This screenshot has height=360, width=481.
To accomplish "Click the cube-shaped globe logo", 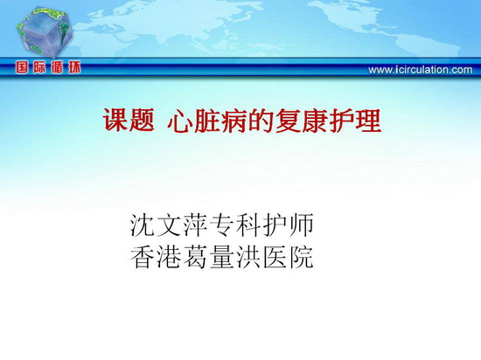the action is point(45,33).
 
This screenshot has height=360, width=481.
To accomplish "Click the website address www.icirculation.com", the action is point(421,70).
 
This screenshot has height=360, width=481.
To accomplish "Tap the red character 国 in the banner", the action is point(22,67).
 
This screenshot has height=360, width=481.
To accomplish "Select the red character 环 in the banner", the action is point(74,67).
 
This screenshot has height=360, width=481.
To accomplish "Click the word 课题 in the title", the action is point(129,121).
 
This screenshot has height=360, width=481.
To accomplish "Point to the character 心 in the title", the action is point(180,121).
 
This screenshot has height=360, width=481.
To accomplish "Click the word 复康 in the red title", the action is point(302,121).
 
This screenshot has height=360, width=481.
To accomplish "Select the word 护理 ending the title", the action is point(355,121).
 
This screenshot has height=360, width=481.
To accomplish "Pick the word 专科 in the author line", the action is point(236,225).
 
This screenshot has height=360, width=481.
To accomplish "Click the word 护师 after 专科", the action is point(289,225).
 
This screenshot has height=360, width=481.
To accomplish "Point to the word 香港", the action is point(157,258).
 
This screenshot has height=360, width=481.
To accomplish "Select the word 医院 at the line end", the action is point(289,258).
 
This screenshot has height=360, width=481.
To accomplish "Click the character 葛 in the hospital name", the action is point(196,258).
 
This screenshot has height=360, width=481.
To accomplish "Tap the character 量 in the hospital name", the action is point(223,258).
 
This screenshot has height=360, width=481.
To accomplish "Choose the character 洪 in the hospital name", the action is point(249,258).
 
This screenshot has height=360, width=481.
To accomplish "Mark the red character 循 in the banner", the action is point(57,67).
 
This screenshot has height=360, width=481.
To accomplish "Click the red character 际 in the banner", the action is point(39,67).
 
